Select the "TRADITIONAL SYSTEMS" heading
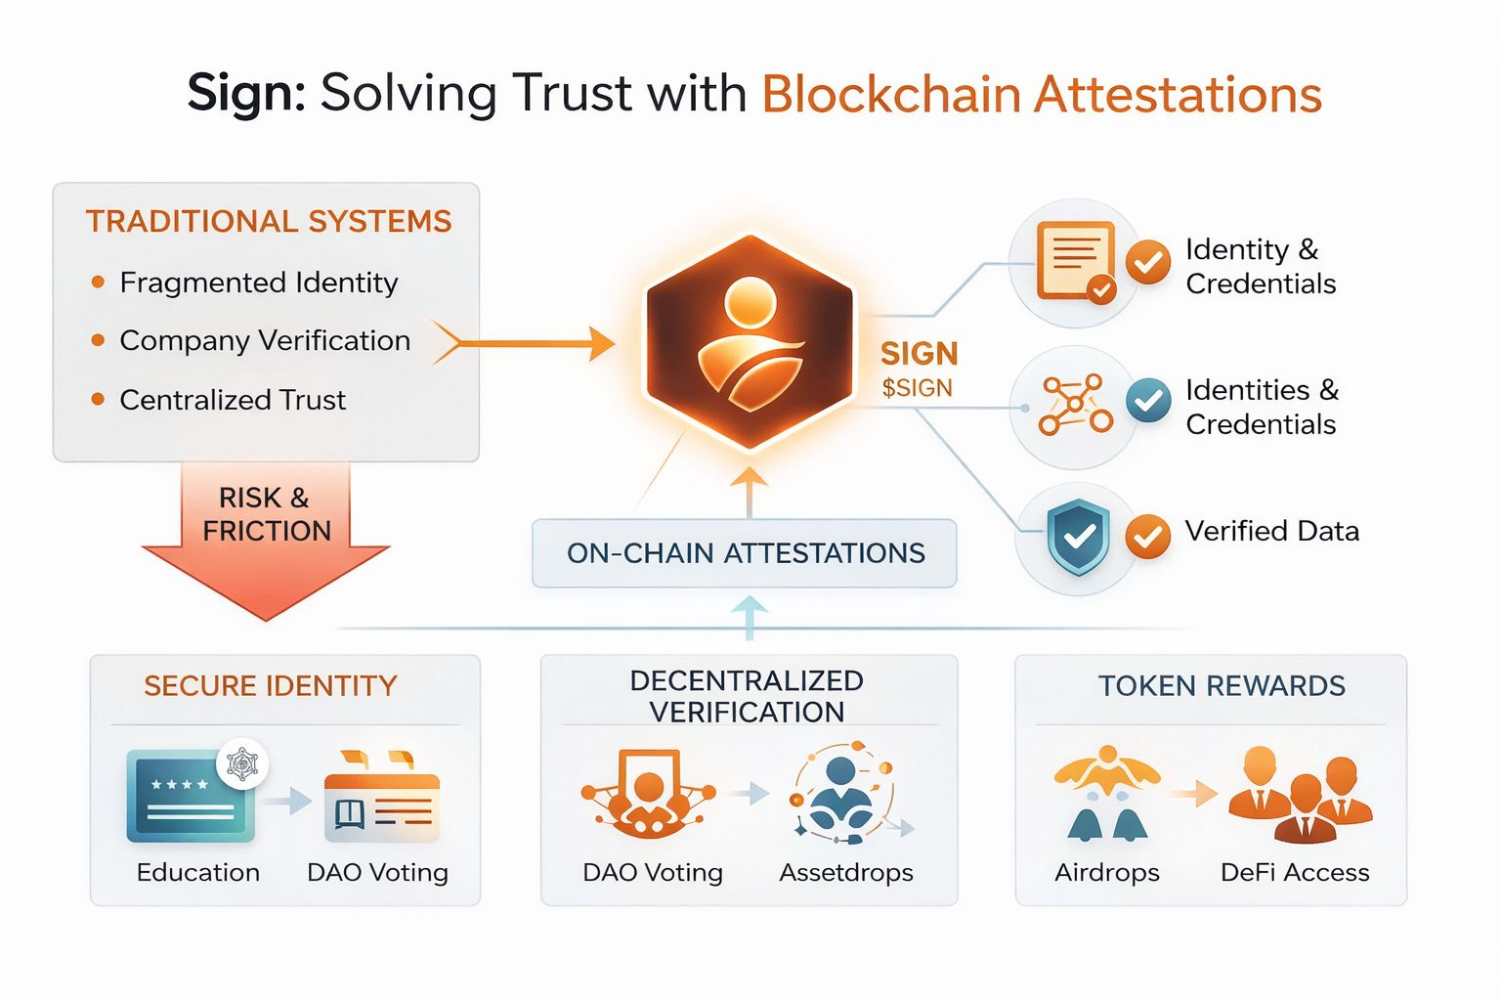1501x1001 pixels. click(269, 222)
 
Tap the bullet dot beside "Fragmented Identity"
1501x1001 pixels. click(98, 283)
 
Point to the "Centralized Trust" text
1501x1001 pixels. click(233, 400)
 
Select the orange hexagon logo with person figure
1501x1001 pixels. click(750, 341)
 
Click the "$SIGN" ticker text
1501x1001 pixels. click(917, 388)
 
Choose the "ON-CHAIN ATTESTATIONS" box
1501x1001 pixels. click(745, 553)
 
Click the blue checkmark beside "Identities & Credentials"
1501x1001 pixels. click(1148, 401)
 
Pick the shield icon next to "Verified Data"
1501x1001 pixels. click(1077, 537)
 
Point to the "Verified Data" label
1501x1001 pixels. click(1271, 531)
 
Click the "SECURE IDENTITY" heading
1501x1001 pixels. click(271, 686)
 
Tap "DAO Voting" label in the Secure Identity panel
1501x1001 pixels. click(377, 872)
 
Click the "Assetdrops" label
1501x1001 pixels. click(846, 872)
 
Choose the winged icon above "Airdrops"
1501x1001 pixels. click(1107, 793)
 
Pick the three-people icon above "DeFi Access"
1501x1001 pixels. click(1300, 795)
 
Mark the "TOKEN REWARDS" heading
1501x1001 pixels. click(1222, 686)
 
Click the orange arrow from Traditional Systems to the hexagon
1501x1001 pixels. click(528, 343)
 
